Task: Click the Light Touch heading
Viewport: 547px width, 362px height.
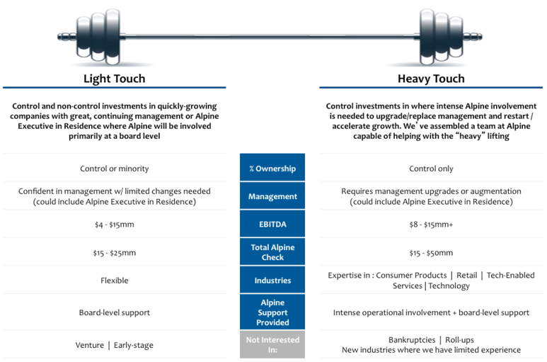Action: click(114, 79)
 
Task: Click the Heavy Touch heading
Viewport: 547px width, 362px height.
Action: click(431, 79)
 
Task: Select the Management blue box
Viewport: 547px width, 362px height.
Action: click(272, 196)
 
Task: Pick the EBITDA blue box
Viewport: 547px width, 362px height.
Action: click(272, 224)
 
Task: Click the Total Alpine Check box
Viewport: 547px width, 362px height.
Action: click(272, 251)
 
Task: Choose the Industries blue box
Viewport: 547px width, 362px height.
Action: click(272, 280)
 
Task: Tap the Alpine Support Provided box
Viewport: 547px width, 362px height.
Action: click(272, 312)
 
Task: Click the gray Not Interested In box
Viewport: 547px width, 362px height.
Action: click(272, 344)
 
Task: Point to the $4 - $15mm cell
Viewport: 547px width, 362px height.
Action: click(115, 225)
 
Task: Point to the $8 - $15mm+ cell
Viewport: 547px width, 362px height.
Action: click(431, 225)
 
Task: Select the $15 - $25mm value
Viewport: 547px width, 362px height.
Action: click(115, 253)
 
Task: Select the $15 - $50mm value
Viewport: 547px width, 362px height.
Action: click(431, 253)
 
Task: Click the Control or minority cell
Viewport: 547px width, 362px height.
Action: click(115, 169)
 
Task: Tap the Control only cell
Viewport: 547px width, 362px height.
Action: click(431, 169)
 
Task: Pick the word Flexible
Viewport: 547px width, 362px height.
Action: click(115, 281)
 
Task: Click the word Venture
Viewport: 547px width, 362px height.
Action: click(90, 345)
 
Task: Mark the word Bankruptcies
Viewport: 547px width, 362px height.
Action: click(412, 340)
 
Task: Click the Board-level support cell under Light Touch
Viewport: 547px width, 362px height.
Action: click(115, 312)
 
